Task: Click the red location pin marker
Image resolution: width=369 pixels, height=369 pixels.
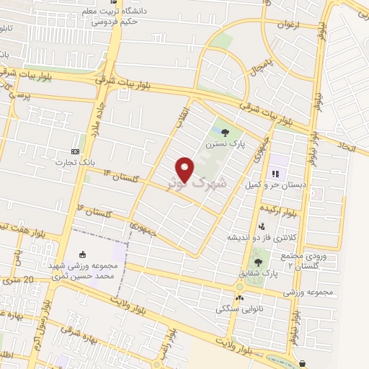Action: [x=185, y=169]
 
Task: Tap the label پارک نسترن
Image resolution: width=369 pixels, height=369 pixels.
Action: [x=226, y=144]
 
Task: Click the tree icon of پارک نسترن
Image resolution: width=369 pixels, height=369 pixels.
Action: [x=226, y=133]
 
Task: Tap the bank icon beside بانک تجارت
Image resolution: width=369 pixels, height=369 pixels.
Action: [x=76, y=151]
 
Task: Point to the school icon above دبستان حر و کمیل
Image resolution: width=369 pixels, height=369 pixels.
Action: [x=275, y=174]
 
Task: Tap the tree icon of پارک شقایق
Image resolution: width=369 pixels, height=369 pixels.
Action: [x=258, y=262]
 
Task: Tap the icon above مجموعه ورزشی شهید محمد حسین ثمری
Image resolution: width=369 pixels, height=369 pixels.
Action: [x=82, y=254]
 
